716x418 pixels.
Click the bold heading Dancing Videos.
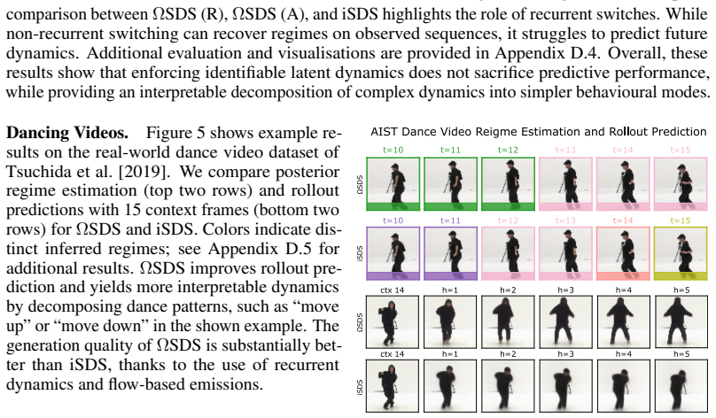click(x=67, y=133)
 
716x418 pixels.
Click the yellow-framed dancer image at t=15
click(x=681, y=253)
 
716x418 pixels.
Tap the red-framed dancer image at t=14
click(x=623, y=253)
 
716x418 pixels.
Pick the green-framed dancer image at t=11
click(x=450, y=184)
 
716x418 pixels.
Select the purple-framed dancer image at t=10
click(x=393, y=253)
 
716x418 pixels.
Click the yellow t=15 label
click(x=681, y=221)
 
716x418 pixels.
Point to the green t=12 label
click(x=508, y=151)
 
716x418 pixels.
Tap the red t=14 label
click(x=623, y=221)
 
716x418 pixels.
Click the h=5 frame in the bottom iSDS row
click(x=681, y=385)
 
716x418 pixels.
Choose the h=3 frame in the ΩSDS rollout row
click(x=565, y=321)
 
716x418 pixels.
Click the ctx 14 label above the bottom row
click(x=393, y=354)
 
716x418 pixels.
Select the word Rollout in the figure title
click(x=628, y=132)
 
